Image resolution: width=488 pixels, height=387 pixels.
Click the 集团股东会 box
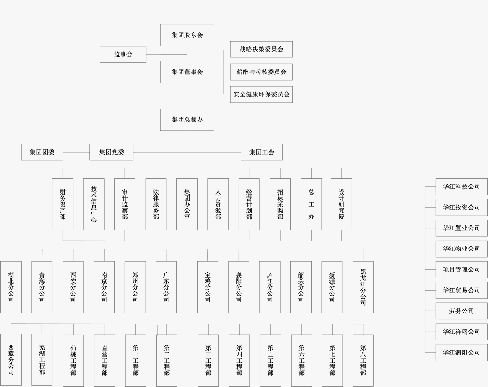pos(187,35)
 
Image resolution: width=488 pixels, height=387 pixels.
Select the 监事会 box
pos(123,54)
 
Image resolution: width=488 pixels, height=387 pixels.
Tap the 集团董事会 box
pos(187,72)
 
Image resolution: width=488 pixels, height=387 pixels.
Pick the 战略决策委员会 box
pos(261,49)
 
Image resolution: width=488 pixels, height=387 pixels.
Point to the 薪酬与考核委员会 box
pos(261,72)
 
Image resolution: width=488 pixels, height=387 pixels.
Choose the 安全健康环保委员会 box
pos(261,94)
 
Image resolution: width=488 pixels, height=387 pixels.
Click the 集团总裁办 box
pos(187,120)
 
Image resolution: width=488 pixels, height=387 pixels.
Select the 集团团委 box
pos(42,152)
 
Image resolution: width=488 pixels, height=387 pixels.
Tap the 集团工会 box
pos(261,152)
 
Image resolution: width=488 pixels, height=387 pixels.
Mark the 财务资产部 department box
pos(63,204)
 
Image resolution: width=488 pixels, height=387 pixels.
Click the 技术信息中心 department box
pos(94,204)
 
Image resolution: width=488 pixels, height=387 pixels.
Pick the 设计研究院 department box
pos(341,204)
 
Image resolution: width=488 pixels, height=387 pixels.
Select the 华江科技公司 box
pos(461,186)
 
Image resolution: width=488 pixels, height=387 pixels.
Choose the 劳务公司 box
pos(461,311)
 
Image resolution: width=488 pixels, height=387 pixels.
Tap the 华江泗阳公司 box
pos(461,352)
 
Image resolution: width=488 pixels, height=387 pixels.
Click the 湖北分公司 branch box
pos(11,287)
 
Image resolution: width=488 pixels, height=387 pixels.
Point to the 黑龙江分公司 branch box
pos(363,287)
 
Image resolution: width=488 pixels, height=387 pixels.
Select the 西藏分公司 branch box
pos(11,360)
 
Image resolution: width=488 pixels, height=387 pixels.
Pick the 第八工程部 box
pos(363,360)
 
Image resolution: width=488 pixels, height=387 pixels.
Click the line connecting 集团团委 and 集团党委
pos(76,152)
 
